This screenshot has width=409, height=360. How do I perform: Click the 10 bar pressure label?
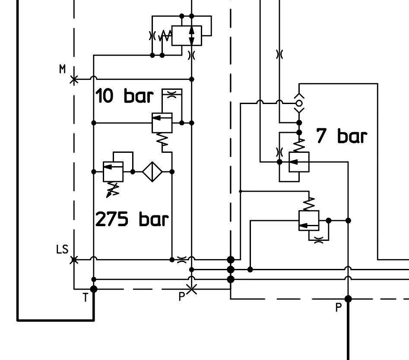coord(124,96)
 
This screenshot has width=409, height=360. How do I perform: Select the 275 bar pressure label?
coord(132,219)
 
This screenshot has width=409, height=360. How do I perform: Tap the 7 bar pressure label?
coord(342,136)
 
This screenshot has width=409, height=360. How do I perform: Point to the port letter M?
coord(62,69)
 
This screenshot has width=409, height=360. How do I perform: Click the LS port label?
coord(62,249)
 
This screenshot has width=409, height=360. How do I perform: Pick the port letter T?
coord(86,297)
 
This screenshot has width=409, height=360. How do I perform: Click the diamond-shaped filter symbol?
coord(152,171)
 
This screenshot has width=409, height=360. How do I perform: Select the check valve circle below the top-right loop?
coord(299,104)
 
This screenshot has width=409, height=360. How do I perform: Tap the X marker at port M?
coord(74,79)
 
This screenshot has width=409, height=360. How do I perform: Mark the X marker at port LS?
coord(74,259)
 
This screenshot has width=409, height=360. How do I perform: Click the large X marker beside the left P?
coord(192,289)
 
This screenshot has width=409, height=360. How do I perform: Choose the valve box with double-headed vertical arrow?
coord(187,35)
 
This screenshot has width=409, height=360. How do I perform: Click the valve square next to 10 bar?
coord(162,123)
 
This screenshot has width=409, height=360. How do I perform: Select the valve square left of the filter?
coord(113,171)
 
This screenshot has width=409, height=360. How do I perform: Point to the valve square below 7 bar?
coord(299,162)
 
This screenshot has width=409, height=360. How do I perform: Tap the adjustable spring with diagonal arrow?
coord(113,190)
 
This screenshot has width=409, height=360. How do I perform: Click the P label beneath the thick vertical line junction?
coord(338,307)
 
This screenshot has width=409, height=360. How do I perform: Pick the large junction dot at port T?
coord(94,289)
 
